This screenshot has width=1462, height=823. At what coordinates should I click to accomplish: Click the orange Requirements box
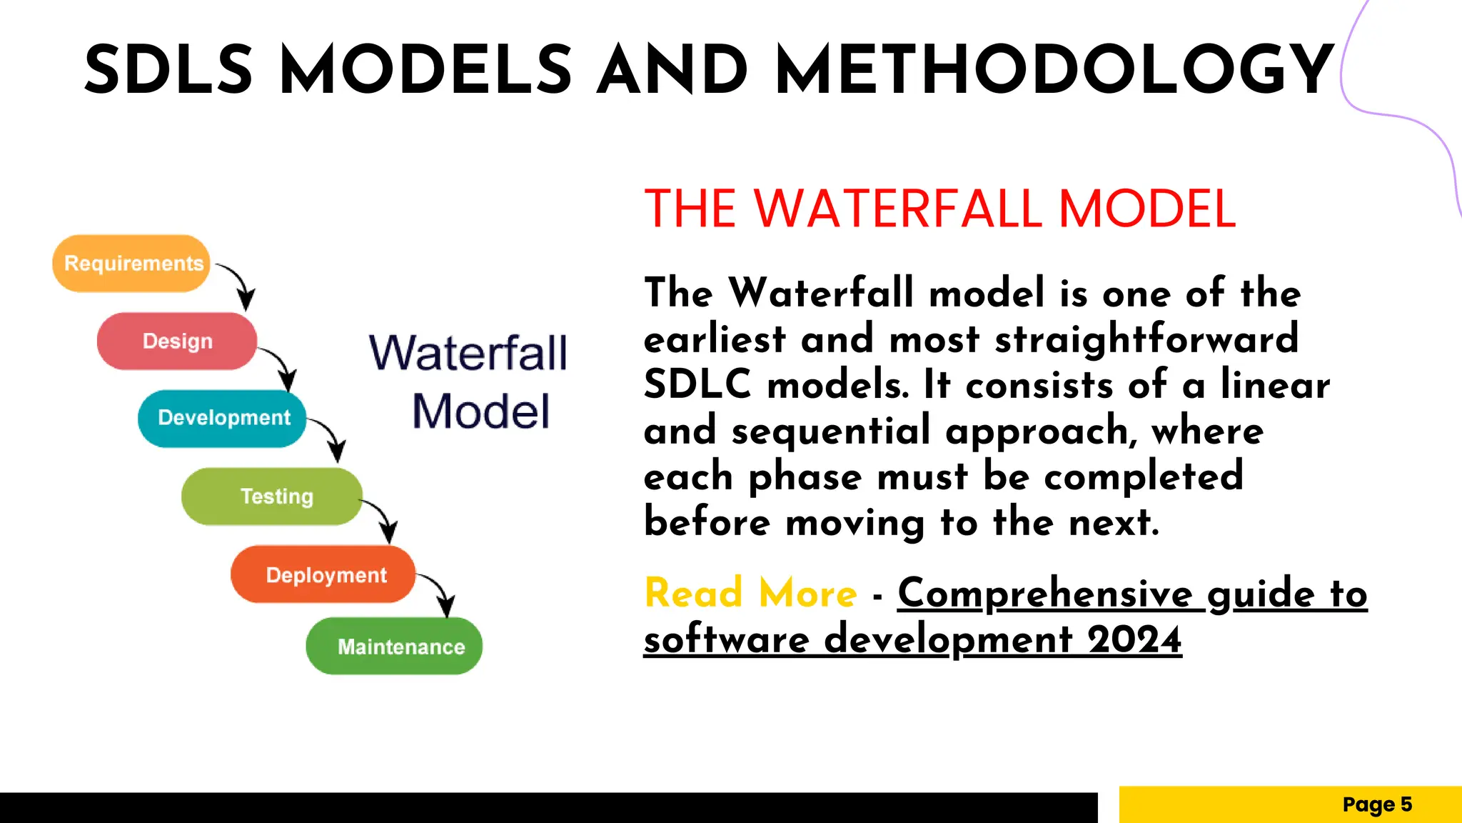[x=131, y=264]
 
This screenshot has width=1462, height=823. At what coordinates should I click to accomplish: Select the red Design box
[x=177, y=341]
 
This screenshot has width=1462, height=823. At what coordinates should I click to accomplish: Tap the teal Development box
[x=223, y=418]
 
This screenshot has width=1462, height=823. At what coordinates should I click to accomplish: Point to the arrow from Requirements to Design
[x=239, y=283]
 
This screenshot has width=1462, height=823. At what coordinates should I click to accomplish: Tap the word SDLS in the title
[x=168, y=70]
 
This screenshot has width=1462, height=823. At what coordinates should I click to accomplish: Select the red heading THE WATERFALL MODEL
[x=939, y=209]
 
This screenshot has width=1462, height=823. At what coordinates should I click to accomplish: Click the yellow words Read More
[x=750, y=593]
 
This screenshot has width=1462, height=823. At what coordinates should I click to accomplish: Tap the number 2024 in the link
[x=1134, y=639]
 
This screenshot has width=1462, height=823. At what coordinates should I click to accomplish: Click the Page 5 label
[x=1376, y=804]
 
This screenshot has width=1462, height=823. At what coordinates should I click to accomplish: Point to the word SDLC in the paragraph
[x=697, y=384]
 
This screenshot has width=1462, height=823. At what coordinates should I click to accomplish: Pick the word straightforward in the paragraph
[x=1146, y=339]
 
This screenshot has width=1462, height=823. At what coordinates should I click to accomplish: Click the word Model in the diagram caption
[x=480, y=411]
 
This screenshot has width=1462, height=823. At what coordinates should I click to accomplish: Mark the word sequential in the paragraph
[x=831, y=431]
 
